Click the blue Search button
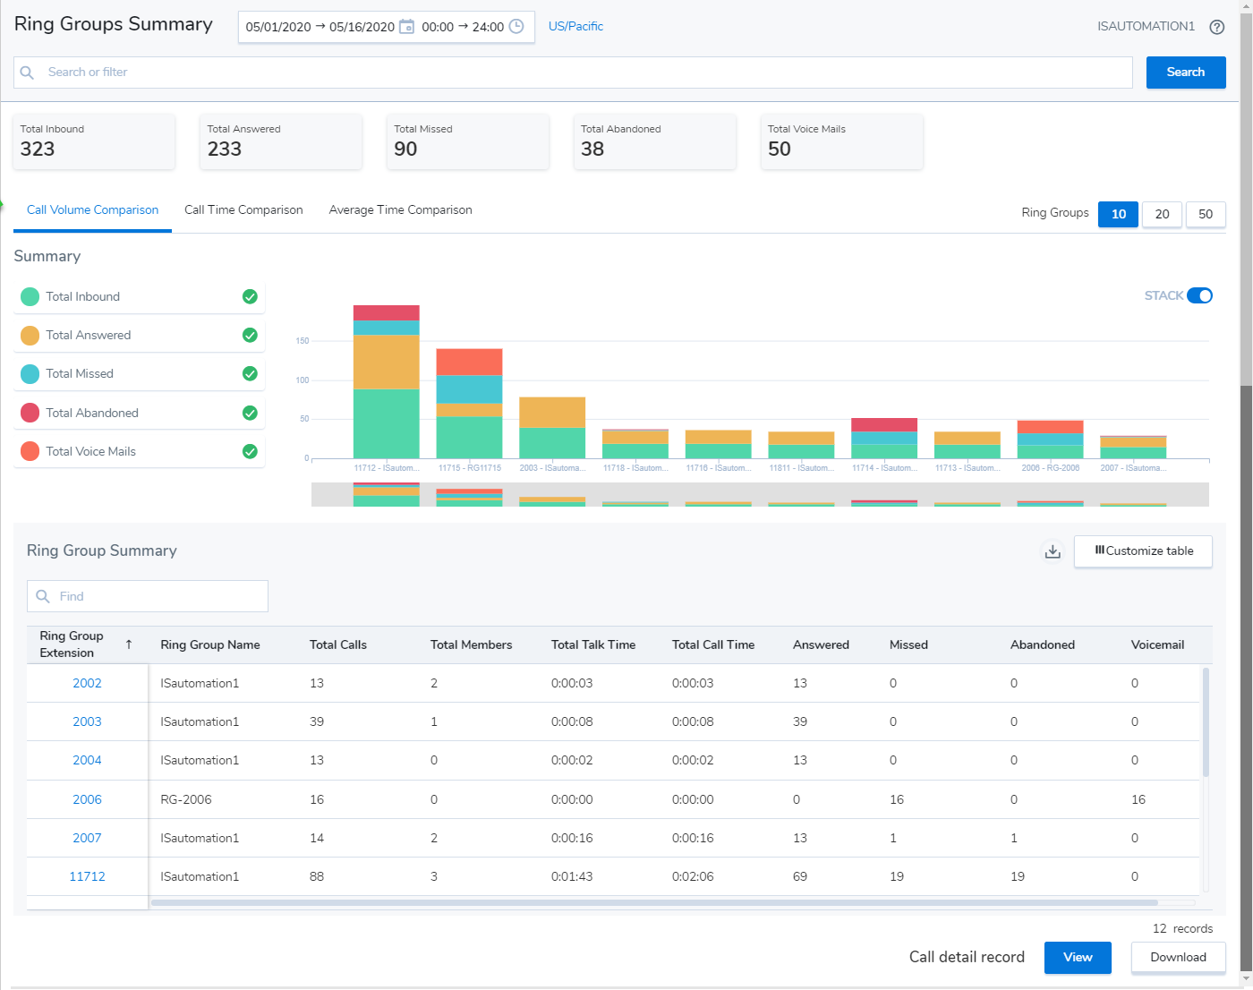click(1185, 73)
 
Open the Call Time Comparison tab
click(243, 210)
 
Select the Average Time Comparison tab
click(400, 210)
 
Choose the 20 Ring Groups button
click(1162, 214)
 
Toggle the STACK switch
click(1199, 295)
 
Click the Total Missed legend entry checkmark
click(250, 374)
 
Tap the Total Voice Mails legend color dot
click(30, 451)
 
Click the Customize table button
click(1143, 551)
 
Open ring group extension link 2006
click(87, 799)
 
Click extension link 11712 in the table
click(87, 876)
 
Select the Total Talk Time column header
click(592, 644)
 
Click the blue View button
click(1077, 957)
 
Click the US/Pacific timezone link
click(575, 27)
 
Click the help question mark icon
click(1216, 27)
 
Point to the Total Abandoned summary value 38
click(592, 149)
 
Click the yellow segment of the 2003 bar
click(552, 413)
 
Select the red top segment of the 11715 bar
click(469, 362)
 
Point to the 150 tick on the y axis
click(303, 341)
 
